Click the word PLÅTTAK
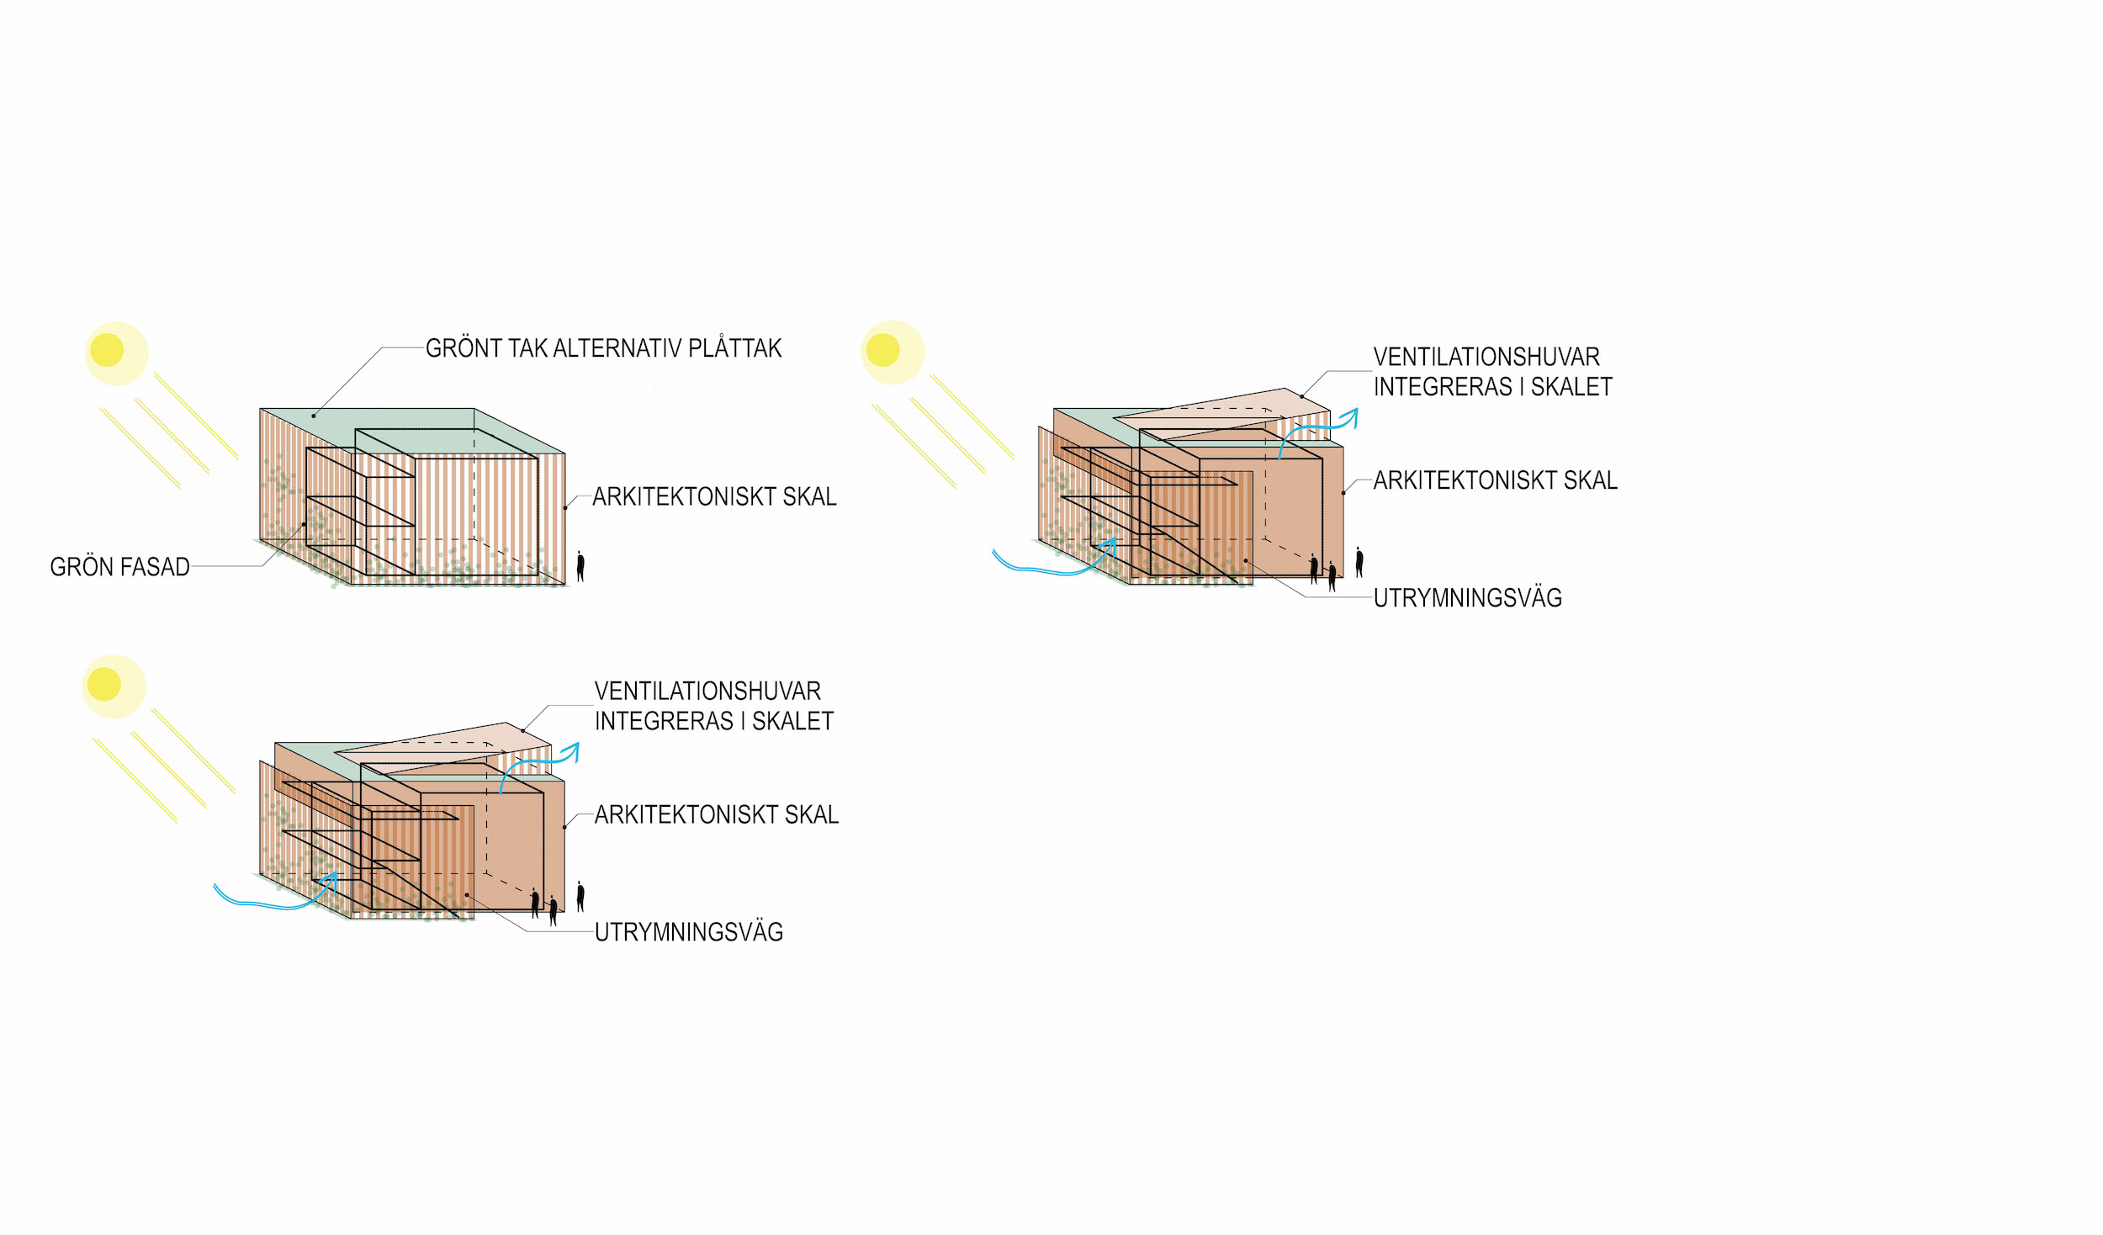click(734, 348)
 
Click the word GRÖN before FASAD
click(82, 567)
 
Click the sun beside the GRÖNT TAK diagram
click(108, 350)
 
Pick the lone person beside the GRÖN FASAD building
click(580, 566)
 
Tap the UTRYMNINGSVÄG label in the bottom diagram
click(688, 932)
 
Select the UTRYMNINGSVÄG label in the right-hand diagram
click(1467, 598)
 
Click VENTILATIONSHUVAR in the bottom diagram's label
click(707, 692)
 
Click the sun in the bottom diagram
click(104, 684)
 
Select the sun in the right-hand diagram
click(883, 350)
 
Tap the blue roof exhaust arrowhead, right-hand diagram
click(1352, 415)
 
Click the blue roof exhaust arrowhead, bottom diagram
click(574, 749)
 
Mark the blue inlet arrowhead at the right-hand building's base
click(1110, 544)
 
